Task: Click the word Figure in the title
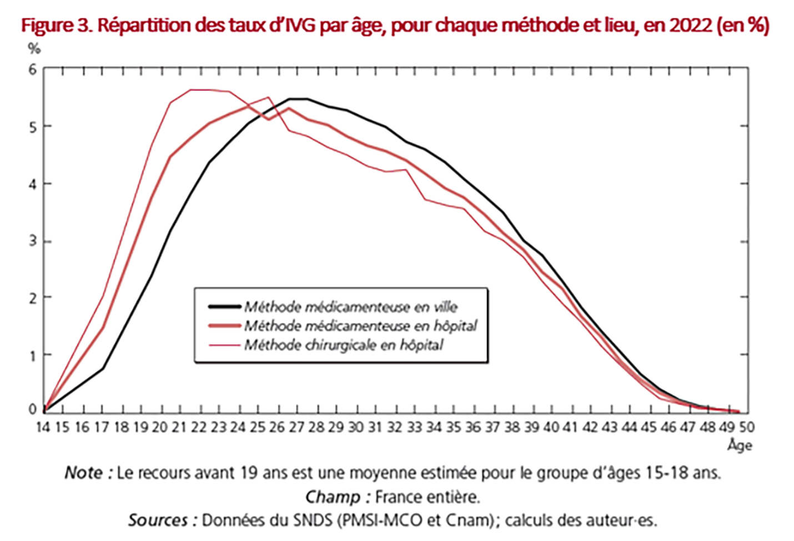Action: tap(46, 26)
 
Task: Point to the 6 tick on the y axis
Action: tap(33, 69)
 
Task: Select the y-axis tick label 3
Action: tap(33, 241)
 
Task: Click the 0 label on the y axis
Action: tap(33, 409)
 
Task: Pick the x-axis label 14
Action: tap(43, 427)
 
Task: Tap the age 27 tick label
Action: tap(297, 427)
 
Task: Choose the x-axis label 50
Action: tap(747, 427)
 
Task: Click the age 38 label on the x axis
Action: tap(512, 427)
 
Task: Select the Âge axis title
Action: tap(740, 446)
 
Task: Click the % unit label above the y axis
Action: tap(34, 49)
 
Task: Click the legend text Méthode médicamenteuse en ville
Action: tap(351, 306)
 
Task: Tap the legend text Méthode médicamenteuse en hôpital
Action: tap(360, 326)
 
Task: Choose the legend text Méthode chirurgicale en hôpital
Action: tap(344, 345)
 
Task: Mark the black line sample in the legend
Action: tap(225, 306)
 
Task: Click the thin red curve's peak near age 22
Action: tap(200, 89)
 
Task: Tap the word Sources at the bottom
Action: tap(158, 520)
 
